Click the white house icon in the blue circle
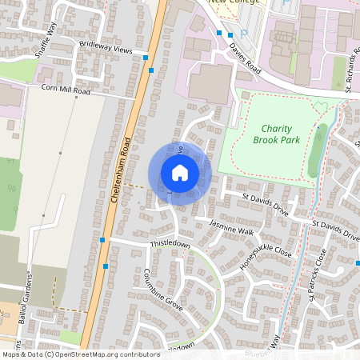tap(180, 172)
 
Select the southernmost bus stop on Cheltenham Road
tap(106, 266)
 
